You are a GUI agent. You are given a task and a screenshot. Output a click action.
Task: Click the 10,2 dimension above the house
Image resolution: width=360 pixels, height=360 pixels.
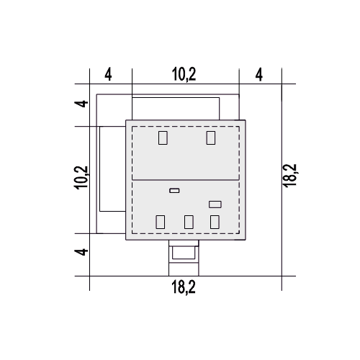(184, 74)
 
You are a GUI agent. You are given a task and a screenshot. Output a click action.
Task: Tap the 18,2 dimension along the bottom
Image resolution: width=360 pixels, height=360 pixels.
(184, 287)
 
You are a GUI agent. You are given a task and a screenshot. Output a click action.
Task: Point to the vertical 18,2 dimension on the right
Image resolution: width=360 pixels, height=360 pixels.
(290, 176)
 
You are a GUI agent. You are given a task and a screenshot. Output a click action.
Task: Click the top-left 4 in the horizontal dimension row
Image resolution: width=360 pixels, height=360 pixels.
(108, 74)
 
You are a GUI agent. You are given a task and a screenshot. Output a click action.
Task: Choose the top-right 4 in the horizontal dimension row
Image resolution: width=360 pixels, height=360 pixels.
(259, 74)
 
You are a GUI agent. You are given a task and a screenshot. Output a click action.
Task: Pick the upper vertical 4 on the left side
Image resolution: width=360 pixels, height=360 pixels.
(81, 104)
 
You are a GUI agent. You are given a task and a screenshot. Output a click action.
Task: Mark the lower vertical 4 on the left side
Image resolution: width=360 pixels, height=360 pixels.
(81, 252)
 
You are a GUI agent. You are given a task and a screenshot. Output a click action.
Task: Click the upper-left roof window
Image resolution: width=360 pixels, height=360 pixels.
(163, 138)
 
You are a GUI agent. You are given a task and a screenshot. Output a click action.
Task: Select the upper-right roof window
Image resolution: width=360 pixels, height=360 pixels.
(211, 138)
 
